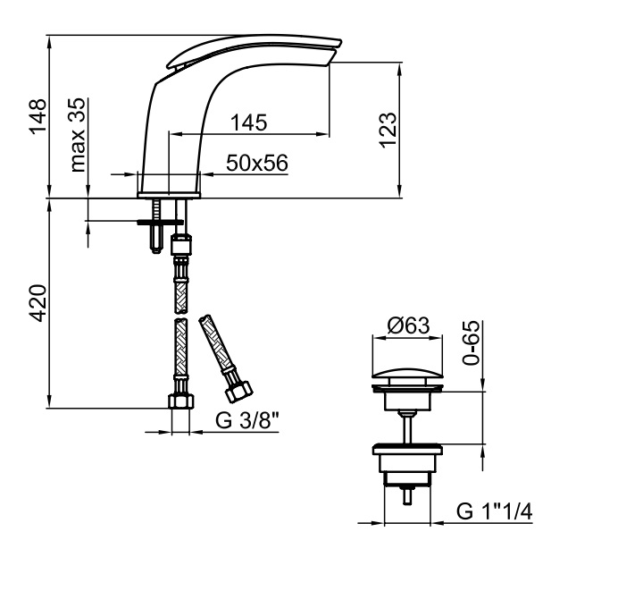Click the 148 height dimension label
[38, 116]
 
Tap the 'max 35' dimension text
[78, 134]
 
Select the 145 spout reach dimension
[248, 122]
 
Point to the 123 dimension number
[388, 130]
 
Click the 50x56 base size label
[257, 163]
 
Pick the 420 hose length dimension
[38, 303]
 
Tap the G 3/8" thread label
[247, 420]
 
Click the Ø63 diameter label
[408, 325]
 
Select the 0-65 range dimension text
[471, 342]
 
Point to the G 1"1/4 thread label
[494, 511]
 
